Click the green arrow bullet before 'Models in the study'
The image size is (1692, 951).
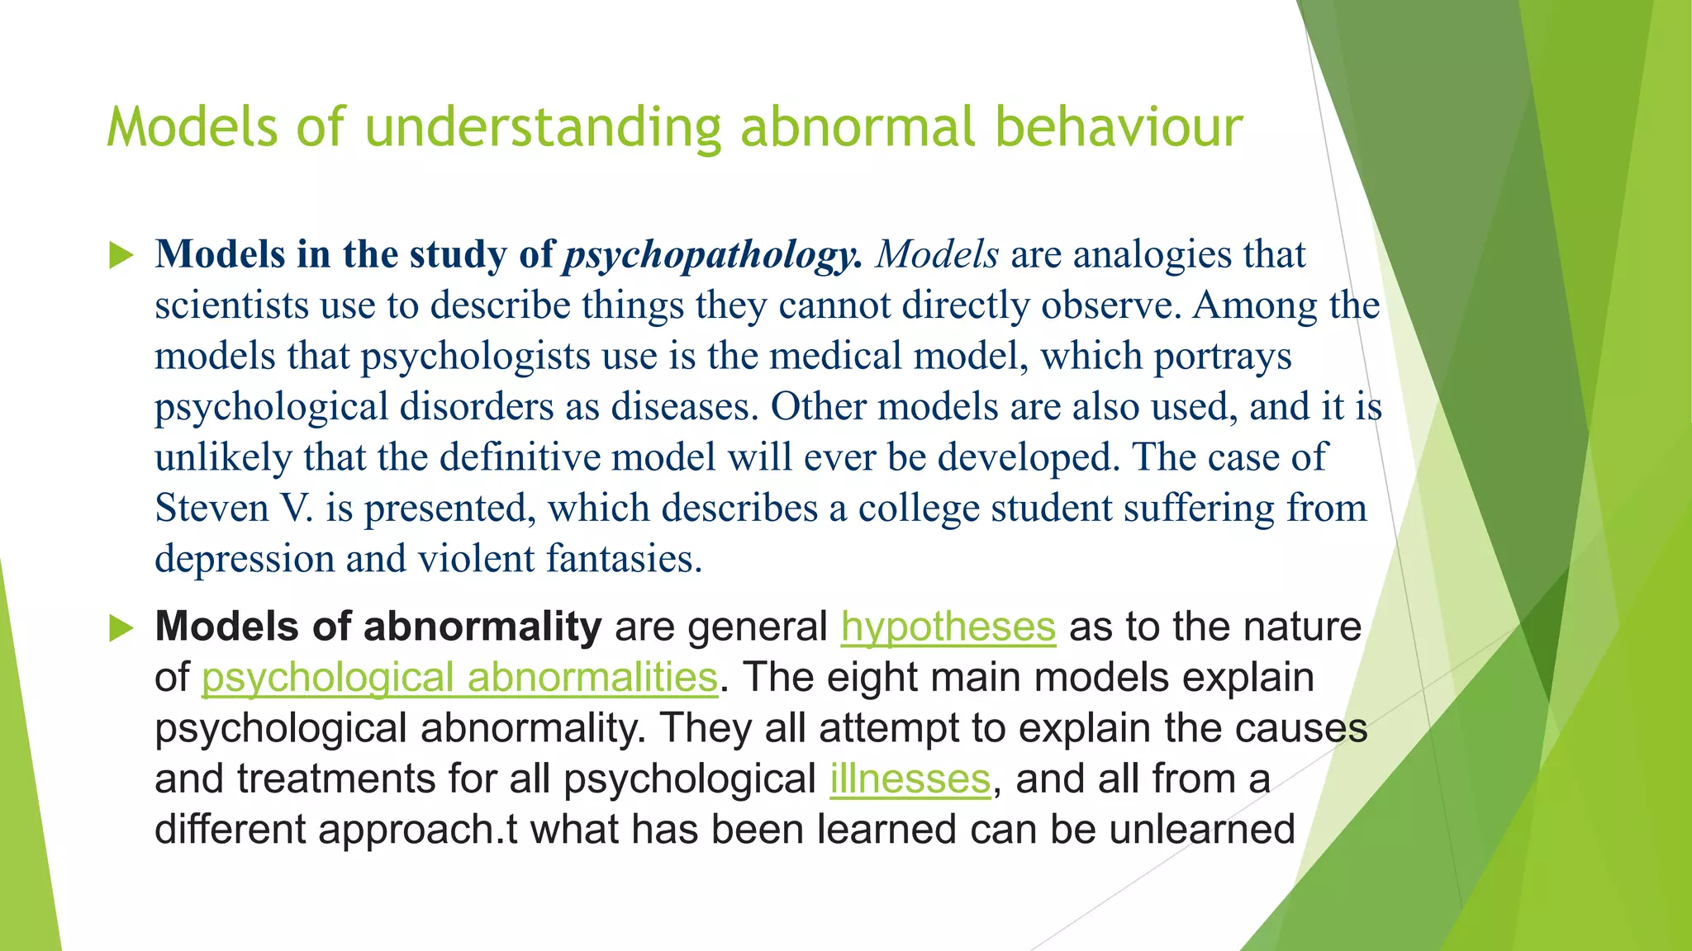coord(121,256)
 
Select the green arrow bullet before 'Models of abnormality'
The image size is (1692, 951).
coord(121,628)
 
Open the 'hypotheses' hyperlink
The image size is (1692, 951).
coord(948,627)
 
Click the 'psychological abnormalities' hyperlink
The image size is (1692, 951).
coord(459,679)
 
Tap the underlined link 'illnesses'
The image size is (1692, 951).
coord(910,779)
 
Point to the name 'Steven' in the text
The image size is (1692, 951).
coord(211,509)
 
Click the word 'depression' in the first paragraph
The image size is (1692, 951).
coord(245,560)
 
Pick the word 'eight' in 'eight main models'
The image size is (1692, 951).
coord(867,679)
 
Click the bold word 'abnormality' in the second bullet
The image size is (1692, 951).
coord(482,627)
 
